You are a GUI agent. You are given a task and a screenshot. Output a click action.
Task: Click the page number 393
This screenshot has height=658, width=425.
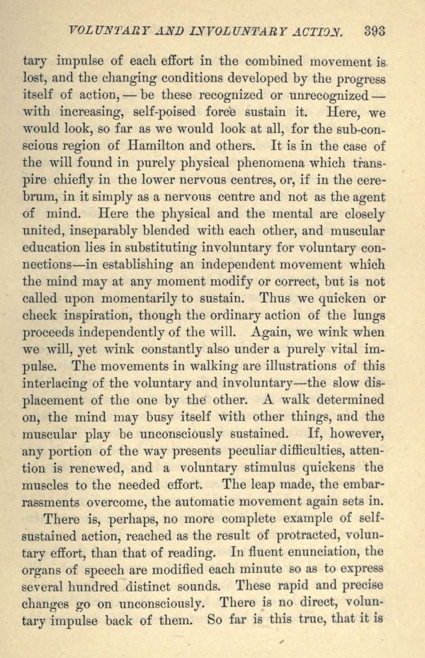[x=375, y=30]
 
